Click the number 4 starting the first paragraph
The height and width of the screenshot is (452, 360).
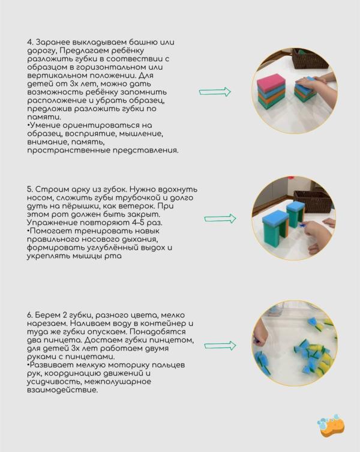[x=29, y=43]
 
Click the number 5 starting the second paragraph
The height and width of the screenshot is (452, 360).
[x=29, y=189]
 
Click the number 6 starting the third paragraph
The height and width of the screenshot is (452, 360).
[x=29, y=315]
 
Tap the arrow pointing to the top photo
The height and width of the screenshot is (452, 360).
[x=215, y=92]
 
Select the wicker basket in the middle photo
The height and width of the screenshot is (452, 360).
[x=312, y=201]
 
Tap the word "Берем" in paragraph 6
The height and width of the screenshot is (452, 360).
[x=49, y=315]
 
